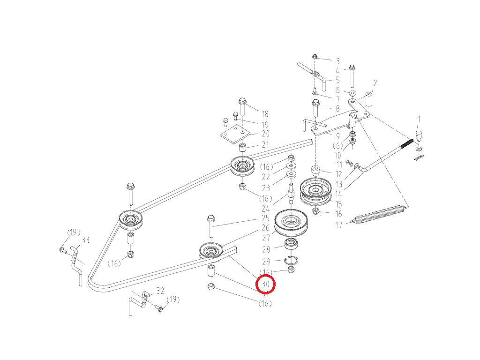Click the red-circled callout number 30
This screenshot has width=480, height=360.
266,284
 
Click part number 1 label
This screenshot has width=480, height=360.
419,119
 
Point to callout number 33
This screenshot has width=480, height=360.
85,240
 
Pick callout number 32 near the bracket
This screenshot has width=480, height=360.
160,291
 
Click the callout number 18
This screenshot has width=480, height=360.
265,114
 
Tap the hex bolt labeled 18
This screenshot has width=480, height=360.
242,107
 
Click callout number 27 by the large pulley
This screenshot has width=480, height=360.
266,238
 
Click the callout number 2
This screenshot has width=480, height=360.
375,83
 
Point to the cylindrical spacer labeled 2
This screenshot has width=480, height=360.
369,100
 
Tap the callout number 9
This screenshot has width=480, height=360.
337,136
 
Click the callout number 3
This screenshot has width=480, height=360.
337,61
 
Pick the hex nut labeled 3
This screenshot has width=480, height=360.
315,57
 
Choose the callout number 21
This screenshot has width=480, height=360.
265,144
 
